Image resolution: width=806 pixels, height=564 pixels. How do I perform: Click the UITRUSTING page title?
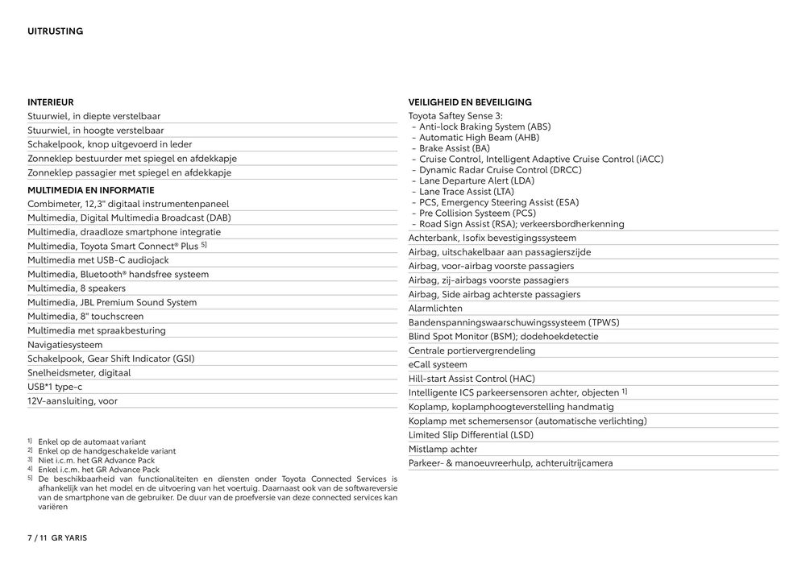point(55,31)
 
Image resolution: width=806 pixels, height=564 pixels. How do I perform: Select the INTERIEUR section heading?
point(50,102)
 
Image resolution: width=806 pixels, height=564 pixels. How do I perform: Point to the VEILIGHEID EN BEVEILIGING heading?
point(470,102)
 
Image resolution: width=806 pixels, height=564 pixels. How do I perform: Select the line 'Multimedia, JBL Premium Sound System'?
point(111,303)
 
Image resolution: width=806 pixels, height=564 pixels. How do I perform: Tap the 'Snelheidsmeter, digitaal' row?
point(79,373)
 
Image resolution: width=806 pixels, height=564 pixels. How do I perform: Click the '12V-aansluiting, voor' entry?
point(73,401)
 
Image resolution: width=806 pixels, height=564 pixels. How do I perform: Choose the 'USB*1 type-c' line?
point(55,387)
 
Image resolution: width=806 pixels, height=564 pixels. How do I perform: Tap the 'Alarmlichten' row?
point(435,309)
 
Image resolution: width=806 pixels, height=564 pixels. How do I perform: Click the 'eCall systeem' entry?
point(438,365)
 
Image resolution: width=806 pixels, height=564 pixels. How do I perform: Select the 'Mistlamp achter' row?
point(442,450)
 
